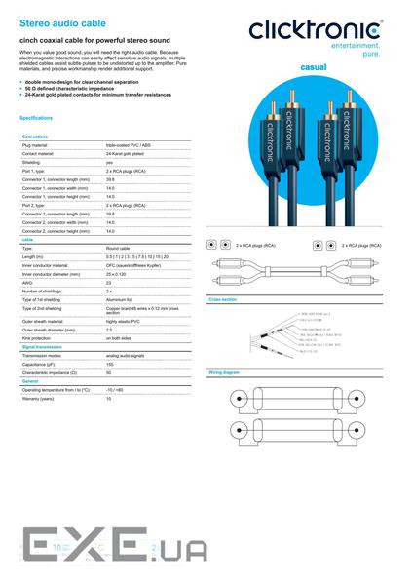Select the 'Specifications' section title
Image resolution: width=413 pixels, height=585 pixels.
[36, 118]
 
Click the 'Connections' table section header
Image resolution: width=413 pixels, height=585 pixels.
[35, 136]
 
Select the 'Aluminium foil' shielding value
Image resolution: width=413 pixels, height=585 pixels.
[121, 299]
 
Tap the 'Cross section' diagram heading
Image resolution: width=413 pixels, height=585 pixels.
[223, 300]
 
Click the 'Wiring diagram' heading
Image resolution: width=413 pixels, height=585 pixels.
[224, 373]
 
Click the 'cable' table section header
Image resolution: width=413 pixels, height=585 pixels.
[27, 240]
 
